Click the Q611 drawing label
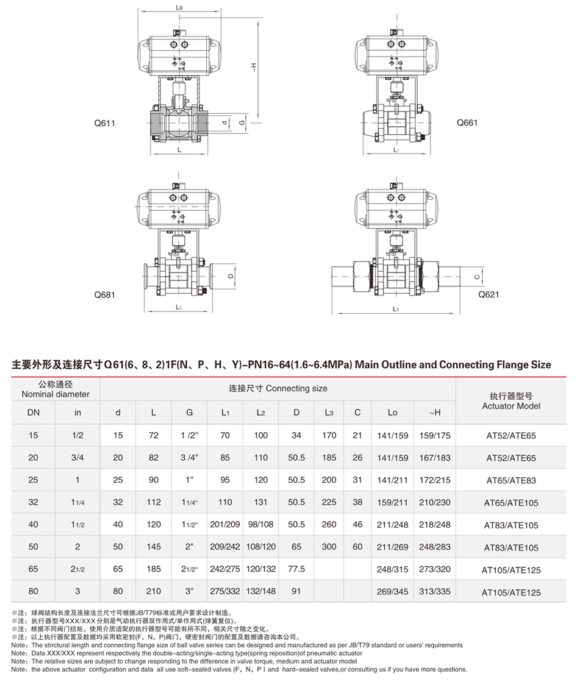(x=105, y=123)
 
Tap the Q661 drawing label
(x=467, y=123)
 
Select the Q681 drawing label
(x=105, y=294)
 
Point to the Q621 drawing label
(x=489, y=294)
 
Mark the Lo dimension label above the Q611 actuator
(x=179, y=8)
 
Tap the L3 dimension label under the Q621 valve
(x=396, y=310)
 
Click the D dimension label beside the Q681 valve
(x=231, y=275)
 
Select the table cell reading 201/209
(x=225, y=525)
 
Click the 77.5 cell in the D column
(x=296, y=569)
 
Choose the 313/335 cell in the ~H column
(x=435, y=591)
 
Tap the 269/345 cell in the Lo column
(x=392, y=591)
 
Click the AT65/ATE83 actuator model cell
(x=511, y=480)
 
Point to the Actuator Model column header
(x=511, y=400)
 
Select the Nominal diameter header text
(x=55, y=389)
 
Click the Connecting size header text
(x=277, y=388)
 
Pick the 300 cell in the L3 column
(x=329, y=547)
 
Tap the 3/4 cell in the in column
(x=77, y=458)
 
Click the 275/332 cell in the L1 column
(x=225, y=591)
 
